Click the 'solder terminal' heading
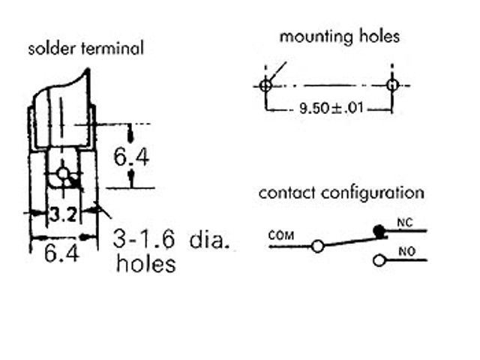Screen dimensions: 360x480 85,49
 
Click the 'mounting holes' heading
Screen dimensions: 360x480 340,36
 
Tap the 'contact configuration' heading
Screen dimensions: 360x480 341,193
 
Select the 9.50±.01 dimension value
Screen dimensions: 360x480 331,108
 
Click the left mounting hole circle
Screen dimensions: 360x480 264,85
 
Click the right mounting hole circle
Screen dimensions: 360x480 391,85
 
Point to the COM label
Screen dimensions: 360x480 281,235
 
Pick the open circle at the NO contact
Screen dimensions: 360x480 379,260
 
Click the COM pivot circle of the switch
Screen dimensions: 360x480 318,245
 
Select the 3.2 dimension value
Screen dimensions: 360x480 64,215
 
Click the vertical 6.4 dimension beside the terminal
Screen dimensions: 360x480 130,157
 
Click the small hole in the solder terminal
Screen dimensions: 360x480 63,175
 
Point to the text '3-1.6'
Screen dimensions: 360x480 145,239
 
